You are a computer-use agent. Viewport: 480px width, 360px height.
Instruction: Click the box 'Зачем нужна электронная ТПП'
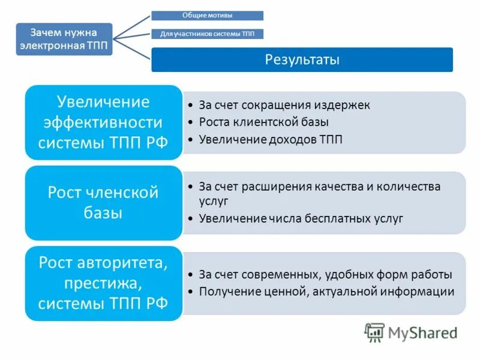point(64,39)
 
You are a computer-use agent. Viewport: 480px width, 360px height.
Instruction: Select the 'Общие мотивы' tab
point(207,15)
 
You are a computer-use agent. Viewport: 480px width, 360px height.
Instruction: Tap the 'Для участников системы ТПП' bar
point(207,34)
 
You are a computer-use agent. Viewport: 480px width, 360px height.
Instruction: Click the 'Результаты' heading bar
point(302,60)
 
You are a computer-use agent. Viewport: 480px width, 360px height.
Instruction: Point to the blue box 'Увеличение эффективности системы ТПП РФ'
point(103,122)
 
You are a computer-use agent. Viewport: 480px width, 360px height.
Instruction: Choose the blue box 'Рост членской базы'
point(103,203)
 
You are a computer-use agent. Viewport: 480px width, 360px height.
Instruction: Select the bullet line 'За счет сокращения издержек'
point(284,105)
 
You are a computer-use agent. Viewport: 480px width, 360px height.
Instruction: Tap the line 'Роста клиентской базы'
point(264,122)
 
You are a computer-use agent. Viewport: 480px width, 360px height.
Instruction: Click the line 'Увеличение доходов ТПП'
point(271,140)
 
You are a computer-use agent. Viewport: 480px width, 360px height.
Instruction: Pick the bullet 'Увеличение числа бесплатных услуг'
point(301,218)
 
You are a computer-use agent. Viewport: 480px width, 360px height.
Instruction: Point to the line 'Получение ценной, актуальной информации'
point(326,292)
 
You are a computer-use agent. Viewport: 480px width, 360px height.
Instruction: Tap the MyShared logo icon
point(374,332)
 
